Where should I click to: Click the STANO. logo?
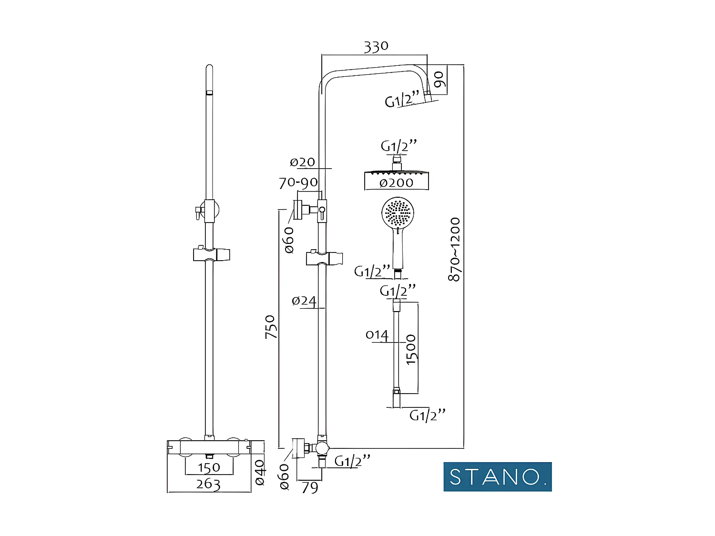pyautogui.click(x=497, y=476)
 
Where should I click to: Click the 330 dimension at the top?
pyautogui.click(x=376, y=47)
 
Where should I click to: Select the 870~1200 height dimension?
pyautogui.click(x=455, y=249)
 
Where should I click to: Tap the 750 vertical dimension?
pyautogui.click(x=270, y=327)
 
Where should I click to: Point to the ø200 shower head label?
pyautogui.click(x=397, y=182)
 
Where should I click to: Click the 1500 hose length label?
pyautogui.click(x=411, y=350)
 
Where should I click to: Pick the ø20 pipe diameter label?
pyautogui.click(x=303, y=162)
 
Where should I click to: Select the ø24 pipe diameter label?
pyautogui.click(x=304, y=301)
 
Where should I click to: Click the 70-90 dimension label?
pyautogui.click(x=298, y=182)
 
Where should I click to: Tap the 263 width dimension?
pyautogui.click(x=208, y=485)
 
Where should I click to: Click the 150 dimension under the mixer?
pyautogui.click(x=209, y=467)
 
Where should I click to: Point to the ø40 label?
pyautogui.click(x=260, y=472)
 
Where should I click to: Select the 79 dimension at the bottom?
pyautogui.click(x=310, y=487)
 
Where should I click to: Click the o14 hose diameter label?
pyautogui.click(x=377, y=335)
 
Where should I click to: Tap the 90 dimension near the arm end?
pyautogui.click(x=439, y=79)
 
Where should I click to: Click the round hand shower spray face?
pyautogui.click(x=398, y=213)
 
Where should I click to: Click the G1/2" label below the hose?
pyautogui.click(x=428, y=415)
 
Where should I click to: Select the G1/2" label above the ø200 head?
pyautogui.click(x=399, y=146)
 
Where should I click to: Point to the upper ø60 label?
pyautogui.click(x=289, y=240)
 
